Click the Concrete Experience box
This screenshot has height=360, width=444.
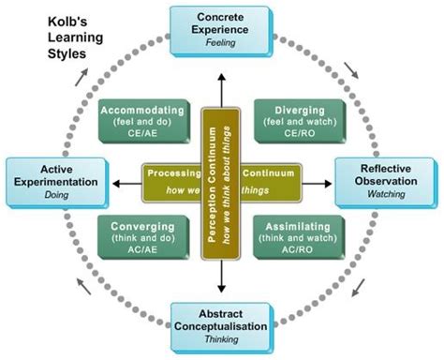222,28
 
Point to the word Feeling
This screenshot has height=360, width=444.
222,42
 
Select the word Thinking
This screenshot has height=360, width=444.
222,342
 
